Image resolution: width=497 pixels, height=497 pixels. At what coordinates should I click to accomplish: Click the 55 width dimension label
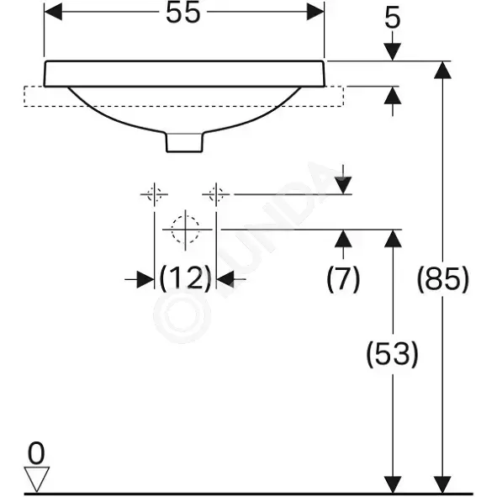(183, 13)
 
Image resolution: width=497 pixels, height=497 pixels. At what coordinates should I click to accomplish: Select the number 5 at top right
(393, 18)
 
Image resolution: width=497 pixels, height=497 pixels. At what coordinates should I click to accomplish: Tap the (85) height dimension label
(442, 279)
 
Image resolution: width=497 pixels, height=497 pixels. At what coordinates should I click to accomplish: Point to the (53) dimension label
(393, 354)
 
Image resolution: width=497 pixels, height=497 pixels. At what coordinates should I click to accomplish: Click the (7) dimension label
(343, 279)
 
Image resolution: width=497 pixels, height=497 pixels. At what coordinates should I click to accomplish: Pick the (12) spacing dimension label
(185, 279)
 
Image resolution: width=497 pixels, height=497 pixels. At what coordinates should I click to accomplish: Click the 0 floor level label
(36, 453)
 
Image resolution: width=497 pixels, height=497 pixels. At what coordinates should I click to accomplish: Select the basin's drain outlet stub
(184, 142)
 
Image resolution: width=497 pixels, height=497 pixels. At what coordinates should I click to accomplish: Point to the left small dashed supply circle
(155, 193)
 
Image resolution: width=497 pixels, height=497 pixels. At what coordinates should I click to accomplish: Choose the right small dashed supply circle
(216, 193)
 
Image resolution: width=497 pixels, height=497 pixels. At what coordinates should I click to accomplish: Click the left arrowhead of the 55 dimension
(53, 13)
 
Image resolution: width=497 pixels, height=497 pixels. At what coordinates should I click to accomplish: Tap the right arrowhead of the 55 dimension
(315, 13)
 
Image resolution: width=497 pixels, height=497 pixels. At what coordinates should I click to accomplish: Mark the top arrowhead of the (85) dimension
(442, 70)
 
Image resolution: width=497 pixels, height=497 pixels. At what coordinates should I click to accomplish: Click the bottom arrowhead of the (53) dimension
(393, 484)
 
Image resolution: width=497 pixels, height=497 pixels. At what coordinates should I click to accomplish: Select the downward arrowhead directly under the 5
(393, 51)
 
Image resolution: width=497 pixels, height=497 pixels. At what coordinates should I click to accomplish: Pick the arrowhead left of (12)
(145, 279)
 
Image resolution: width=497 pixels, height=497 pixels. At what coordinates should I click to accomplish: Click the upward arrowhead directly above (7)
(343, 238)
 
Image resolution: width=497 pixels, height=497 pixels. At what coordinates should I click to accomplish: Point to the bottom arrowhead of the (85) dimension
(442, 484)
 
